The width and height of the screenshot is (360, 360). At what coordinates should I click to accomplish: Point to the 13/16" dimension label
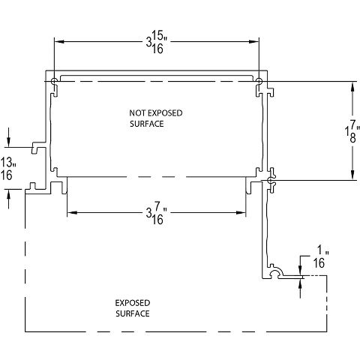click(8, 168)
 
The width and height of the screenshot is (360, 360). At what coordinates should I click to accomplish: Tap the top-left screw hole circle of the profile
click(55, 81)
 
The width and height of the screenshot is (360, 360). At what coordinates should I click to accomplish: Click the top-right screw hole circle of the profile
click(259, 81)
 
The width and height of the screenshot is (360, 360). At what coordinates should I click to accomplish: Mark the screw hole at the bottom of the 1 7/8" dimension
click(271, 181)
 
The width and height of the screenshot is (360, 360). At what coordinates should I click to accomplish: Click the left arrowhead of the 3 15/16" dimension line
click(58, 41)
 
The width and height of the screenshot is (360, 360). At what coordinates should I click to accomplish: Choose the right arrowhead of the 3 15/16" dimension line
click(255, 41)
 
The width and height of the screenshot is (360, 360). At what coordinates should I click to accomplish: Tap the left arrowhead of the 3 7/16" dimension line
click(71, 213)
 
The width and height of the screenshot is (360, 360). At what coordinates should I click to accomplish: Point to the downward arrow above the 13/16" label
click(8, 142)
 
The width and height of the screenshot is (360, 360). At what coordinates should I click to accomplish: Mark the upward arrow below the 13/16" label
click(8, 193)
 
